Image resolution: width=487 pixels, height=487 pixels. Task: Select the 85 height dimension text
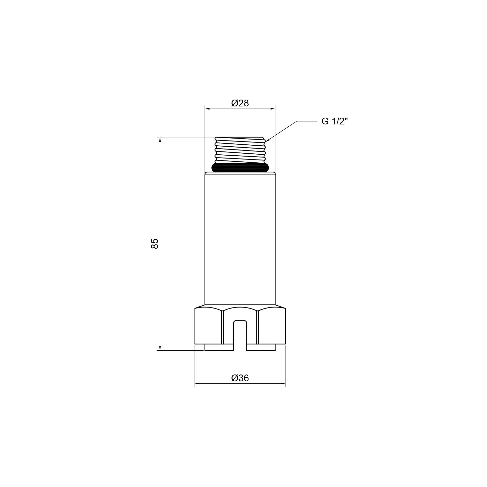click(x=155, y=243)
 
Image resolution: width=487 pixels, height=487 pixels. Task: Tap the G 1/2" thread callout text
click(x=335, y=122)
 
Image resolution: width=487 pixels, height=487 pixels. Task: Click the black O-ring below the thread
click(x=240, y=168)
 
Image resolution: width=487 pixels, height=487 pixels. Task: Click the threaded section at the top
click(x=240, y=150)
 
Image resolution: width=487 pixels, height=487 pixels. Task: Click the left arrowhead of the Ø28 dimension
click(x=207, y=109)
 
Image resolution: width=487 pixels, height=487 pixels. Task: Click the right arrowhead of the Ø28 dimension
click(x=273, y=109)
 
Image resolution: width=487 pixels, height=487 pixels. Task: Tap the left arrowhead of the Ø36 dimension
click(x=197, y=391)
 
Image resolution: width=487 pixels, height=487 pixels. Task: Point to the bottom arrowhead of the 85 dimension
click(x=160, y=348)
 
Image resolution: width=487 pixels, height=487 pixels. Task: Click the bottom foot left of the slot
click(x=219, y=347)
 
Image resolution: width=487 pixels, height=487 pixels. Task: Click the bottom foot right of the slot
click(x=261, y=347)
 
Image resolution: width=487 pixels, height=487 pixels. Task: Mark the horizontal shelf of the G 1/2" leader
click(x=307, y=121)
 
